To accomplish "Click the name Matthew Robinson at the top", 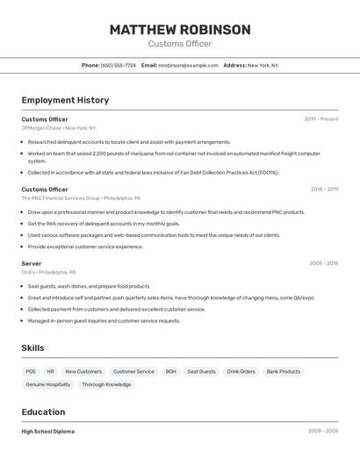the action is [x=180, y=30].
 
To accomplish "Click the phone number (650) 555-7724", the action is [x=118, y=65].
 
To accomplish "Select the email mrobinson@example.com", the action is [x=188, y=65].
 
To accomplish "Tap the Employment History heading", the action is [x=65, y=100].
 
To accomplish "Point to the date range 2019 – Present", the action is [x=321, y=119].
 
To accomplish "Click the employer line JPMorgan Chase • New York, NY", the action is [x=59, y=128].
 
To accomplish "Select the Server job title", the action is [x=32, y=263].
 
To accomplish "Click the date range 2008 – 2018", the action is [x=323, y=263].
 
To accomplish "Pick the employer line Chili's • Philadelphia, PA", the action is [x=48, y=272].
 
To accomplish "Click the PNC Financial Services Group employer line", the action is [x=81, y=198].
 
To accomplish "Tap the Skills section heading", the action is [x=32, y=348].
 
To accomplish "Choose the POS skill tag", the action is [x=31, y=371].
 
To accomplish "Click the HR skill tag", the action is [x=51, y=371].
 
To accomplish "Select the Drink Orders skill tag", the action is [x=241, y=371].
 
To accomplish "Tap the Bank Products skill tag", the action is [x=284, y=371].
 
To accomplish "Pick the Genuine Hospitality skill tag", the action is [x=48, y=384].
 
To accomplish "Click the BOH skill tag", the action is [x=170, y=371].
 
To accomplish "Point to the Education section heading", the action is [x=43, y=412].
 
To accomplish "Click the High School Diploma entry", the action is [x=48, y=432].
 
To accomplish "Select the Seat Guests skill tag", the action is [x=201, y=371].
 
